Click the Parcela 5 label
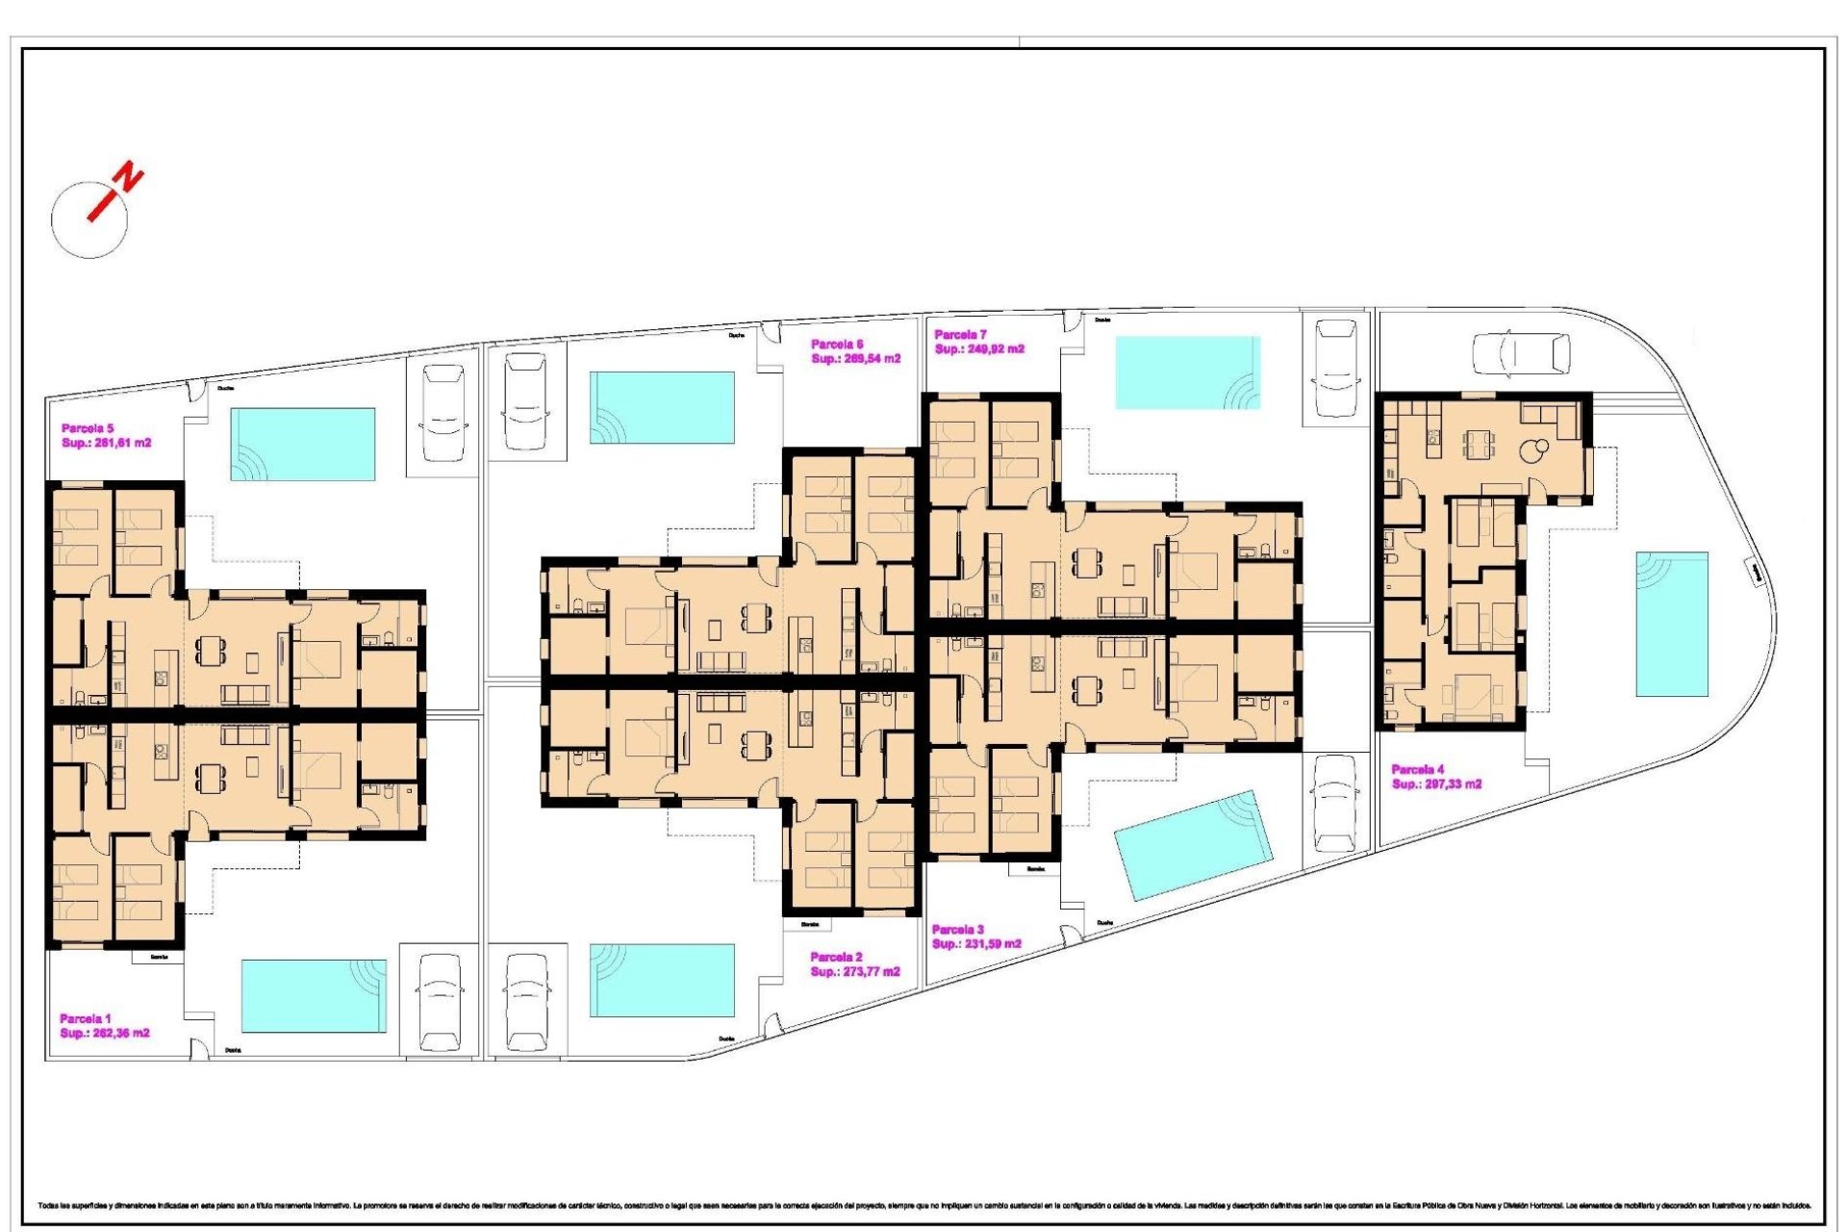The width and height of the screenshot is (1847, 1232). coord(88,428)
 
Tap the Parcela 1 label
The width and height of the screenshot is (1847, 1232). coord(86,1018)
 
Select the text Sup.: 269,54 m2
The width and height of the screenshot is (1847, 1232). coord(855,359)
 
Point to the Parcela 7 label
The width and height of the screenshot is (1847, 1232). coord(960,335)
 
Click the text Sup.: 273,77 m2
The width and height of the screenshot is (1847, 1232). coord(854,972)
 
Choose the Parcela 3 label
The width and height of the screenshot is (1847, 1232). coord(957,930)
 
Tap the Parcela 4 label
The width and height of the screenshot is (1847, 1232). coord(1417,769)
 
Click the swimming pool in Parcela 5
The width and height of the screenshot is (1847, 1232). coord(302,444)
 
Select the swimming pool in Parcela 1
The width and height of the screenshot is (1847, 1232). coord(314,995)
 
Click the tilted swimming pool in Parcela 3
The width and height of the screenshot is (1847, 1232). coord(1193,845)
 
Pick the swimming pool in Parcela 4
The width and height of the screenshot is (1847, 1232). coord(1672,624)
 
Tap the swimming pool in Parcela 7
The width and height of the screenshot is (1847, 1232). coord(1187,372)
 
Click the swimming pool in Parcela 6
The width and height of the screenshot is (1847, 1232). coord(662,408)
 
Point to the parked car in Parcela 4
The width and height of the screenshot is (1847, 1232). coord(1521,353)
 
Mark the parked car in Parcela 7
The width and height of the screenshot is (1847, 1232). coord(1335,369)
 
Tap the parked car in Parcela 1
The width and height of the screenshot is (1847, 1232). coord(440,1003)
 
